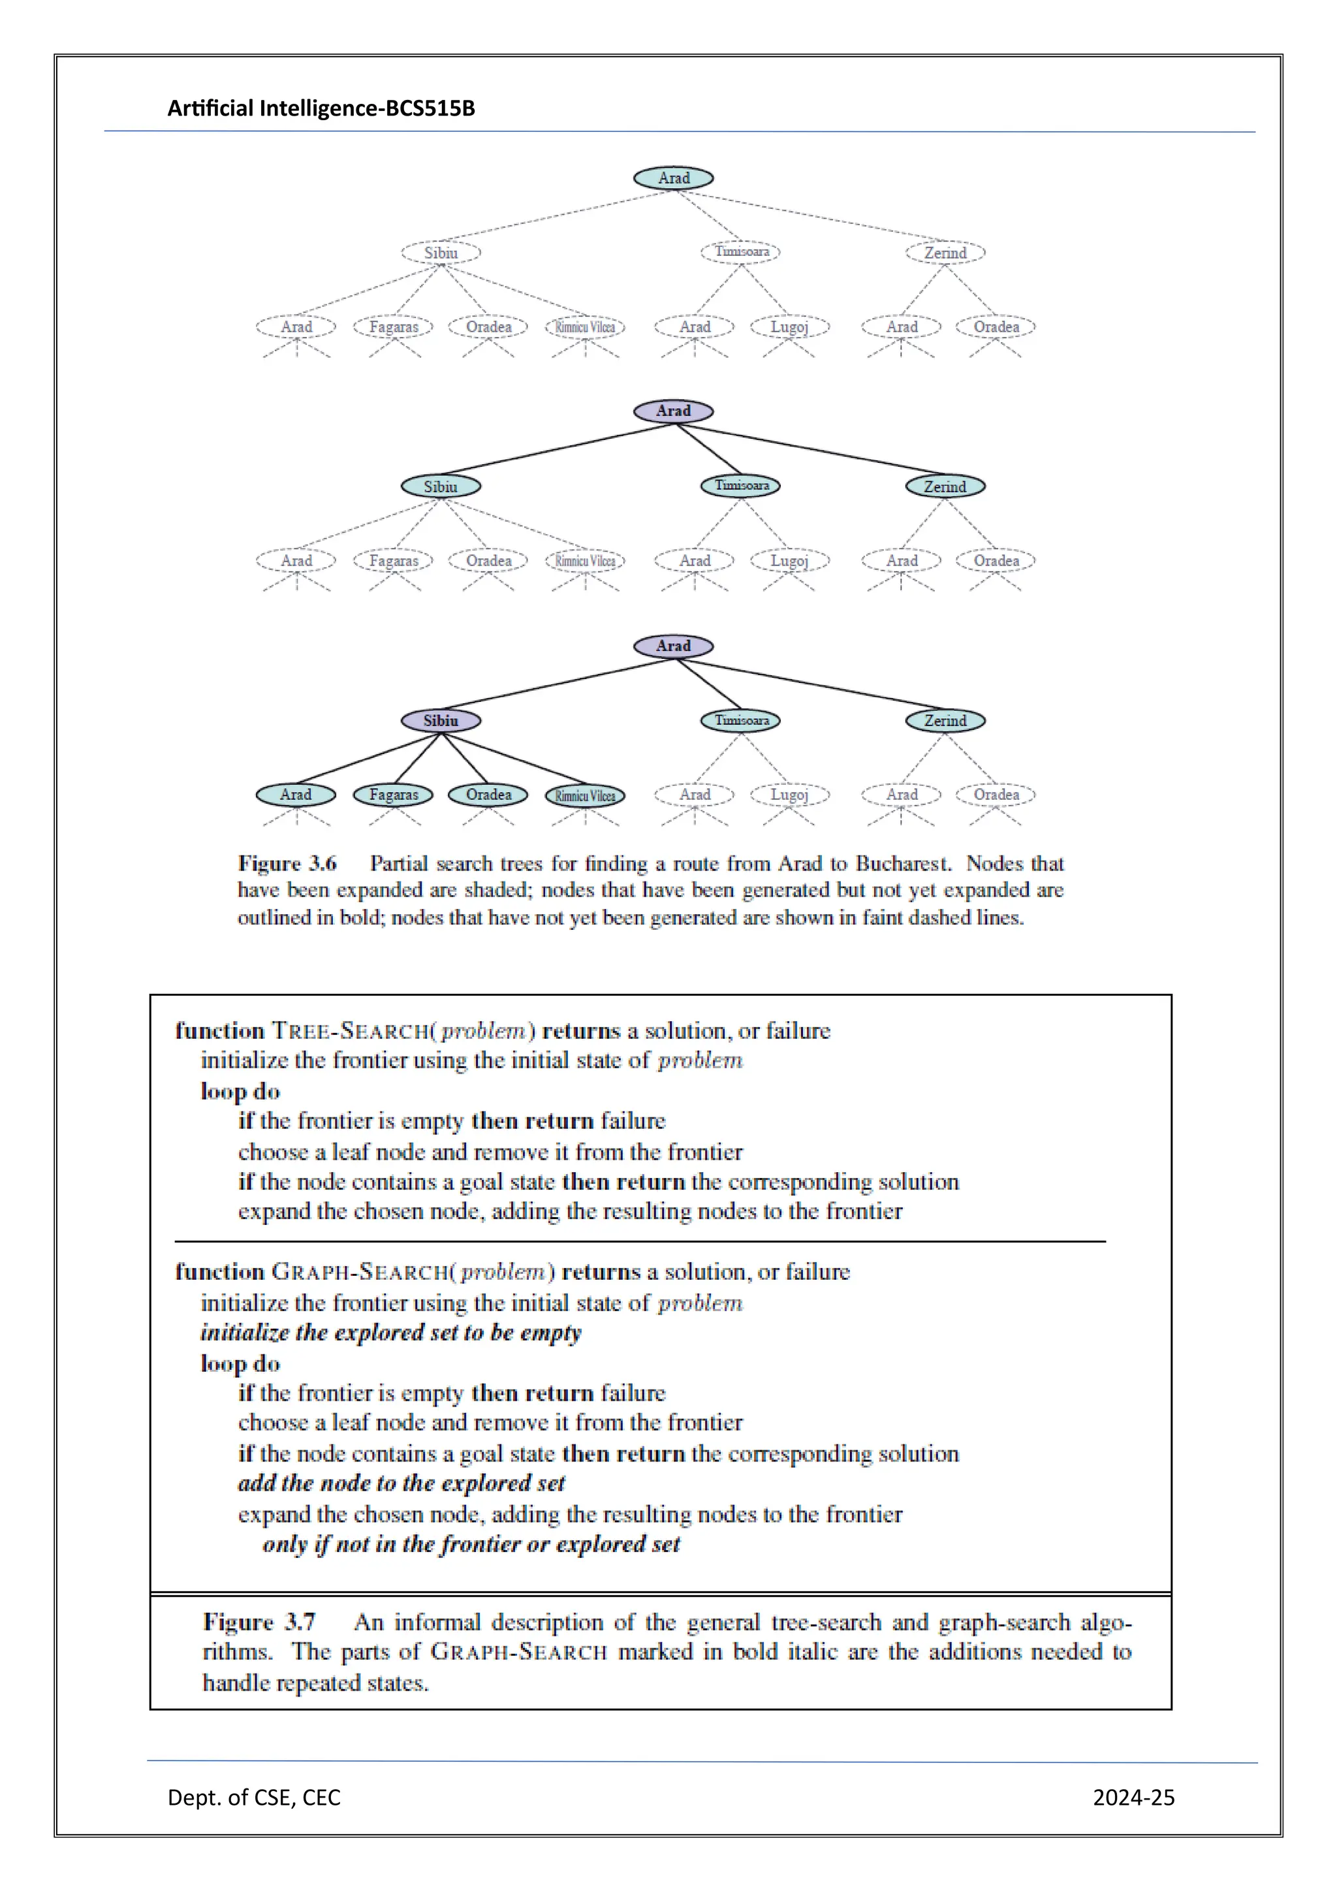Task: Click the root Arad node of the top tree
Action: [674, 178]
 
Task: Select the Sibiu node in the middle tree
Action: [441, 486]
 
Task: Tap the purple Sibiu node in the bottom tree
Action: [441, 721]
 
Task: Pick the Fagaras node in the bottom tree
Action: [394, 795]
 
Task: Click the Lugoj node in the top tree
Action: [789, 327]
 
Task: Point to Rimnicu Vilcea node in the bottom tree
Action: [586, 795]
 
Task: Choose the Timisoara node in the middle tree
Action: [741, 486]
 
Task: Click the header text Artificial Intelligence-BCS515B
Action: [321, 108]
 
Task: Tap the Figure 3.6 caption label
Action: [287, 863]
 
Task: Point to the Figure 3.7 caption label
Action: [259, 1622]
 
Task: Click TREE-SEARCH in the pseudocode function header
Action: [351, 1031]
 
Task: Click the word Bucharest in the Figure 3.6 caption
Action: [903, 863]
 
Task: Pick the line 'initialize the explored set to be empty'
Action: [391, 1333]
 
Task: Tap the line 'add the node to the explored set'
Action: [401, 1484]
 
